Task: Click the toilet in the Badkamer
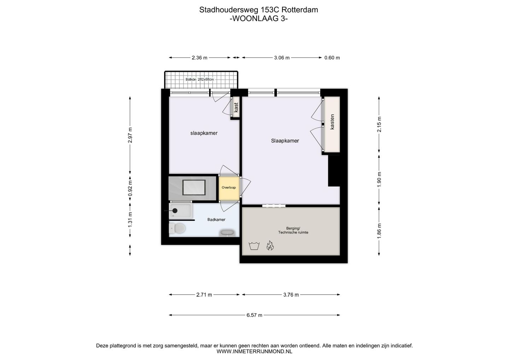click(178, 228)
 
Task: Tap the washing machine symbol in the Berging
click(253, 245)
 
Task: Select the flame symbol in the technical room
click(270, 245)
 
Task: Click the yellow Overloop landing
click(229, 187)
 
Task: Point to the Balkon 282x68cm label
click(200, 80)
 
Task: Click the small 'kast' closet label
click(236, 107)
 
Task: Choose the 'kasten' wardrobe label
click(332, 122)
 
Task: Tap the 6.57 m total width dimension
click(254, 315)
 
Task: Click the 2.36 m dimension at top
click(199, 58)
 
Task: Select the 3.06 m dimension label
click(282, 58)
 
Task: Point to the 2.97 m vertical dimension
click(130, 135)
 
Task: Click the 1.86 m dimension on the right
click(379, 230)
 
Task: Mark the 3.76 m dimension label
click(291, 295)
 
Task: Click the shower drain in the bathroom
click(175, 211)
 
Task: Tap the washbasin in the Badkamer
click(227, 233)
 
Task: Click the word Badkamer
click(216, 220)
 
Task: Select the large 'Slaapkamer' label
click(285, 141)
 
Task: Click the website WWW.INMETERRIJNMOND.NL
click(254, 352)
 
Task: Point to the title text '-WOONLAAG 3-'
click(258, 19)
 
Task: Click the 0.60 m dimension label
click(332, 58)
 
